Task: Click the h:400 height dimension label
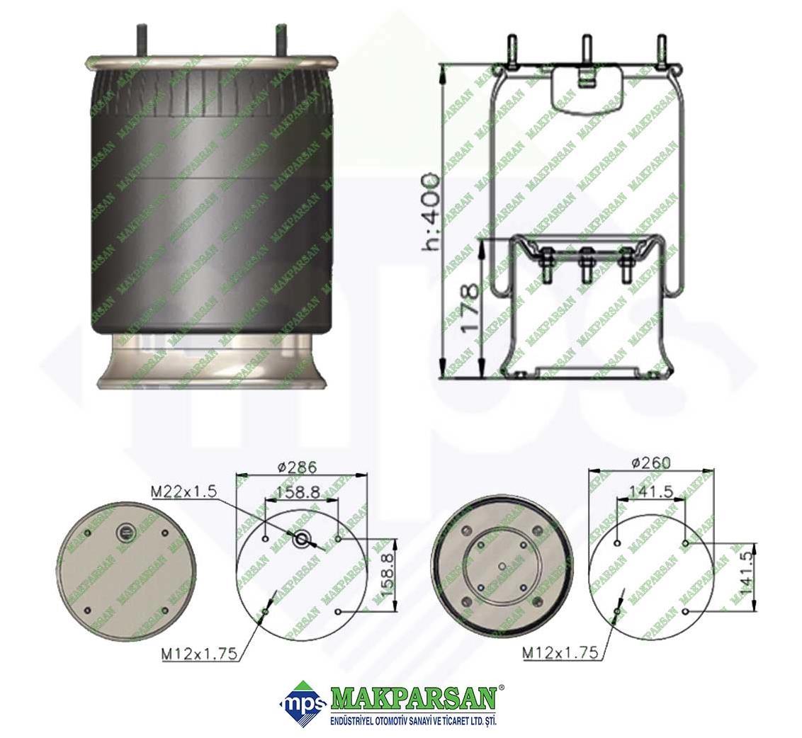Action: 429,212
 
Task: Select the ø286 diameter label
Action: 298,467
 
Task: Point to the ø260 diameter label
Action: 651,462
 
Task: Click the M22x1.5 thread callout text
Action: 184,492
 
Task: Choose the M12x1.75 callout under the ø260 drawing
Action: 560,652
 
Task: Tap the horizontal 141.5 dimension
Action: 650,491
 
